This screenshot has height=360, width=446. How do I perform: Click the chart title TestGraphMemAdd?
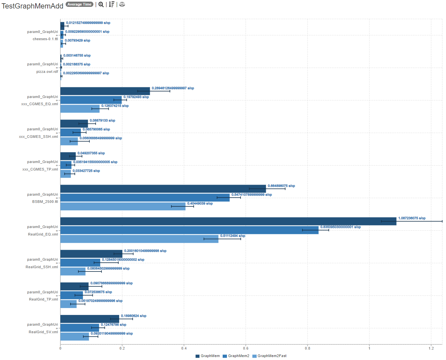click(32, 6)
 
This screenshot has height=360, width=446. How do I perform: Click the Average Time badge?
click(79, 4)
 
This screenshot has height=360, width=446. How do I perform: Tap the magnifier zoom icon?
click(101, 4)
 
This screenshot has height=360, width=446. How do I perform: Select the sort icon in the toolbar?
click(112, 4)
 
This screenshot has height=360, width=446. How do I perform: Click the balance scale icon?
click(122, 4)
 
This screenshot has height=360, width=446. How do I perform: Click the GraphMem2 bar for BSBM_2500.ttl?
click(145, 198)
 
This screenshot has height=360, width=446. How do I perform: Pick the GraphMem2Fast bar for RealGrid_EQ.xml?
click(139, 239)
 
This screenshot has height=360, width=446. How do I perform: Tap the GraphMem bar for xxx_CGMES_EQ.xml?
click(105, 91)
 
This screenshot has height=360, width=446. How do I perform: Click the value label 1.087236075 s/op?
click(412, 218)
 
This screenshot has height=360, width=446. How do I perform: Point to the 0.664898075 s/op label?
click(281, 186)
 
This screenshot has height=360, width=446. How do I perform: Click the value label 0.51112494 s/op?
click(232, 236)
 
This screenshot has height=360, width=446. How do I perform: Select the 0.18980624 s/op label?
click(134, 316)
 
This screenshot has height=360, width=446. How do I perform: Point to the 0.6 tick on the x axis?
click(246, 348)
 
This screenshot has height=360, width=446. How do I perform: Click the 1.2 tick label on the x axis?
click(431, 348)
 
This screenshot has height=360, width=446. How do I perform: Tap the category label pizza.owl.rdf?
click(47, 72)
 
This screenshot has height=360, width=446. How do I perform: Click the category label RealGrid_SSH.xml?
click(42, 267)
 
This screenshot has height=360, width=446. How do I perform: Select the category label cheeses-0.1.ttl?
click(45, 39)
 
